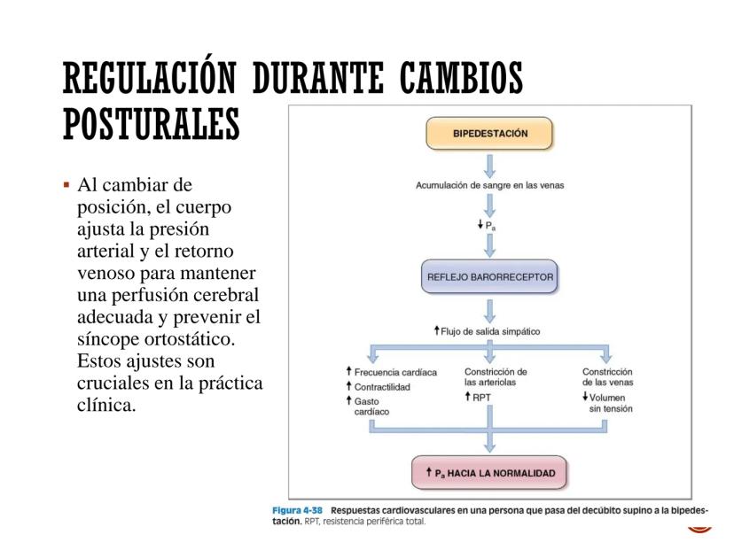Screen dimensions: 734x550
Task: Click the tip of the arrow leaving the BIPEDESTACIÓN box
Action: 489,178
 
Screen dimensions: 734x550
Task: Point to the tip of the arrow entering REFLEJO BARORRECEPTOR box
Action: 489,258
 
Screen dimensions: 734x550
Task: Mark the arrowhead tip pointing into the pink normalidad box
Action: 489,453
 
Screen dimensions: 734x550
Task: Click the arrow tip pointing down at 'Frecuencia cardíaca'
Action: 372,363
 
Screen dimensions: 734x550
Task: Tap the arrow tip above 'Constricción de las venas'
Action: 606,363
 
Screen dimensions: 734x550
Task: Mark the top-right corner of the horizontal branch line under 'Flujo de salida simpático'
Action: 609,345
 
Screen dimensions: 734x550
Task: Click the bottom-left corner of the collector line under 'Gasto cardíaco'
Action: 370,433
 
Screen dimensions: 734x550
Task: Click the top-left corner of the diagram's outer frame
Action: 288,105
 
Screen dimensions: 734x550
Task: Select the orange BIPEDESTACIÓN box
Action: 489,133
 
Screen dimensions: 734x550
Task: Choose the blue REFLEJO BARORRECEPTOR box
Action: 489,276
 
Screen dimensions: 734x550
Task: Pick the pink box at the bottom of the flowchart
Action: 489,472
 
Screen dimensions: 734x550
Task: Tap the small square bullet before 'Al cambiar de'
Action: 66,185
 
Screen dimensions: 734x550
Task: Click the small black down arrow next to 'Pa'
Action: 480,224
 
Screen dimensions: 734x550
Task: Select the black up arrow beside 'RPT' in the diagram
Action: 468,397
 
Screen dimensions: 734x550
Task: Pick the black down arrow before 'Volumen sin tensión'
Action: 585,397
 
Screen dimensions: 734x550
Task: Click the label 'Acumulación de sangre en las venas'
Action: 489,185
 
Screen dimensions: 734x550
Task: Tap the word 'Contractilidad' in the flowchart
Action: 382,387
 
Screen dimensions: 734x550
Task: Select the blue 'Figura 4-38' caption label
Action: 297,510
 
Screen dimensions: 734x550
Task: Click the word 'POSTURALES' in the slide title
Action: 152,124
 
